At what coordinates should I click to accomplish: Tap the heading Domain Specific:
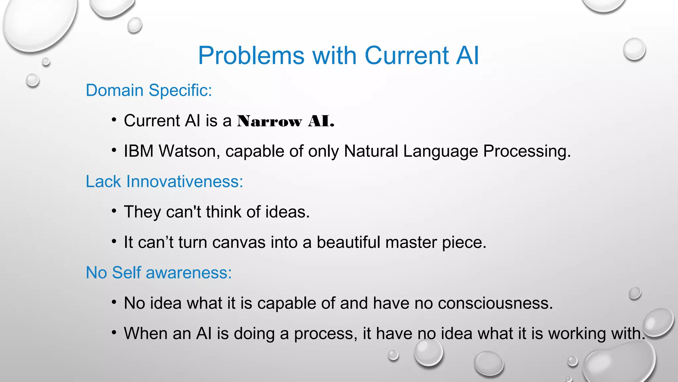click(x=149, y=90)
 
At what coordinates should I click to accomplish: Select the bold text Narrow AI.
click(x=286, y=121)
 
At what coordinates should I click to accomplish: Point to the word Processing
click(x=527, y=151)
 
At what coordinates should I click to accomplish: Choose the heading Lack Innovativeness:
click(x=164, y=182)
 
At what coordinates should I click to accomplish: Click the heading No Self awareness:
click(x=159, y=273)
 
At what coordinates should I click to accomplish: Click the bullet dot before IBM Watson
click(x=114, y=151)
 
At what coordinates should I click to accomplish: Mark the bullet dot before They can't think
click(x=114, y=211)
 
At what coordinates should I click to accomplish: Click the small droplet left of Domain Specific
click(x=33, y=80)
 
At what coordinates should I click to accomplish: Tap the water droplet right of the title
click(x=634, y=49)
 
